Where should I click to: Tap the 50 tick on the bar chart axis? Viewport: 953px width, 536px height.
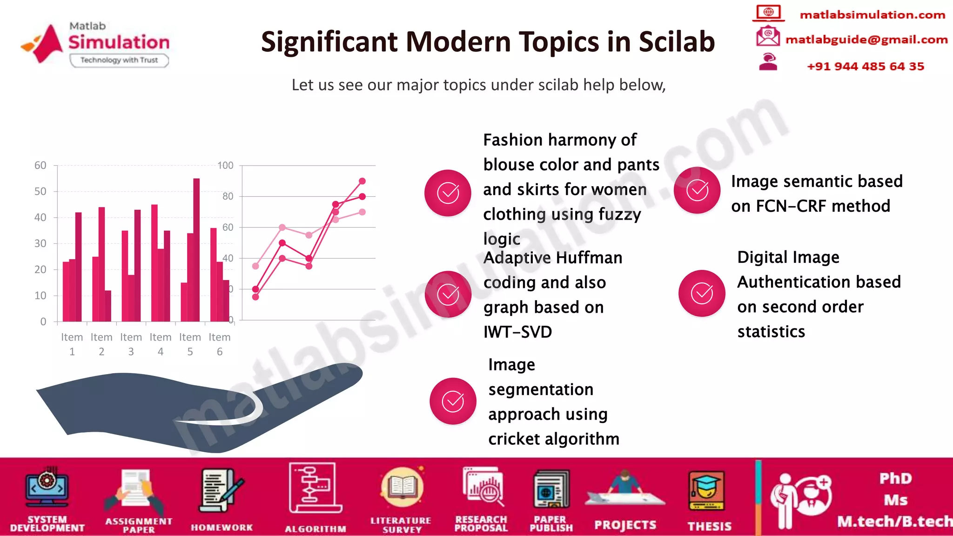point(40,191)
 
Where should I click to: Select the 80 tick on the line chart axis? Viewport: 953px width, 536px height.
point(228,196)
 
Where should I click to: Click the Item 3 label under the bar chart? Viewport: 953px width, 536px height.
point(131,344)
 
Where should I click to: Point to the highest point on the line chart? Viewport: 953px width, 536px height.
point(362,181)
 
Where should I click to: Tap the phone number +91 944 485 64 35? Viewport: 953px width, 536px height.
point(865,67)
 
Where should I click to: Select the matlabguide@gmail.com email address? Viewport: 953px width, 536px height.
point(866,40)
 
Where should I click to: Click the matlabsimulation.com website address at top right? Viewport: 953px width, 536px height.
point(872,15)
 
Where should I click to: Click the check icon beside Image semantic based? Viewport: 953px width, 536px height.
point(697,190)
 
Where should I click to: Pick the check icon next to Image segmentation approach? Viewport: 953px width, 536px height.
point(453,401)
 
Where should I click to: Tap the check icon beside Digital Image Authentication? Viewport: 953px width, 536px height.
point(702,293)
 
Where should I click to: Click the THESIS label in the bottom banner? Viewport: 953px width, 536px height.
point(709,526)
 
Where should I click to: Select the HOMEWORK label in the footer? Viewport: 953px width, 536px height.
point(221,528)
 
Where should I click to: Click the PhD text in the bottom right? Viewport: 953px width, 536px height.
point(895,478)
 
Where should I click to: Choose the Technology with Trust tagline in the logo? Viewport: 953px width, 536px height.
point(119,60)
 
